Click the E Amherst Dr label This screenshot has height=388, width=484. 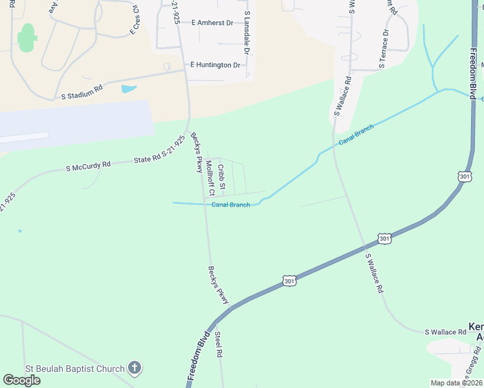[x=212, y=23]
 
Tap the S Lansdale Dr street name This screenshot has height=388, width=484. [x=247, y=32]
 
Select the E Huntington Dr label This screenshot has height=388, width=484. [x=215, y=65]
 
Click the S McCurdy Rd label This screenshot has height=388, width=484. [x=89, y=166]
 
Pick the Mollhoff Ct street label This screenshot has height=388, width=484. [x=210, y=178]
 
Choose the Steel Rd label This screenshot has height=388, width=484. [x=219, y=345]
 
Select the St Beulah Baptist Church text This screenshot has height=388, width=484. [x=74, y=369]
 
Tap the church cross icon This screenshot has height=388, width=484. [x=134, y=369]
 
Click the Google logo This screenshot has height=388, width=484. [x=22, y=380]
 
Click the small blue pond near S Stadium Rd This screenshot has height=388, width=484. [x=129, y=89]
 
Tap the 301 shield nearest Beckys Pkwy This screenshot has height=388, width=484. [x=289, y=281]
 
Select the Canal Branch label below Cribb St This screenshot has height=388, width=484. [x=231, y=205]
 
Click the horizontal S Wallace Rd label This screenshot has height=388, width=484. [x=445, y=332]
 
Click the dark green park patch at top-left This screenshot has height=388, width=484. [x=27, y=38]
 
